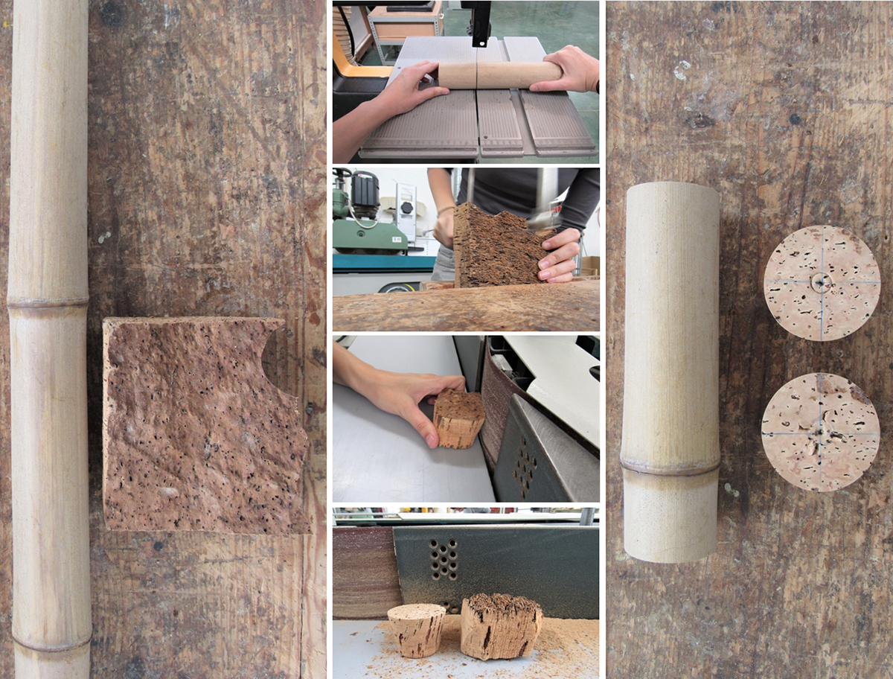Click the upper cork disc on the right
pos(822,283)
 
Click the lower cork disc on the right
pos(820,432)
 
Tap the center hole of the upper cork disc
pos(822,281)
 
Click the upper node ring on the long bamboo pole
pos(48,303)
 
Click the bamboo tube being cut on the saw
pos(499,74)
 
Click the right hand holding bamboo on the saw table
pos(569,68)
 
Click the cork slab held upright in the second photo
pos(495,246)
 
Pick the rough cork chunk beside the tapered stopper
pos(500,625)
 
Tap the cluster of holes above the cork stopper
pos(444,558)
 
